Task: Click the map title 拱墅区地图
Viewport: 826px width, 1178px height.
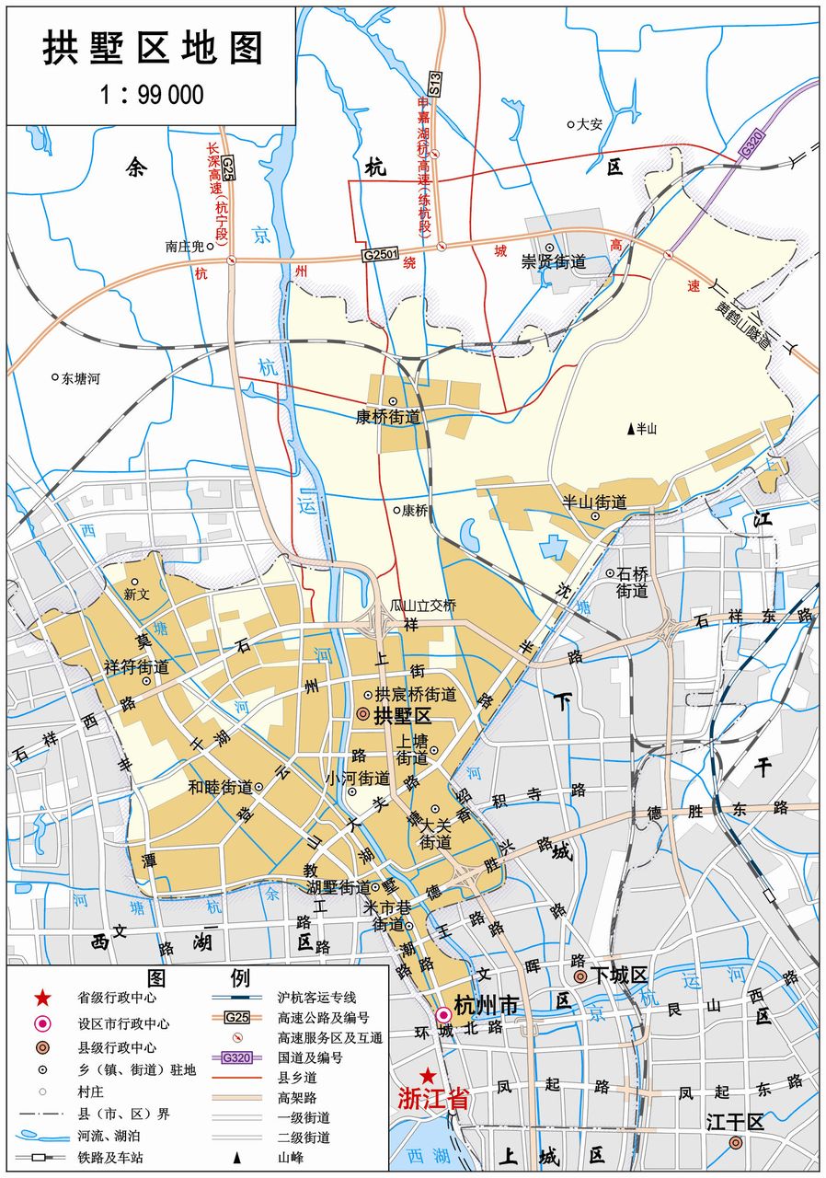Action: click(x=153, y=48)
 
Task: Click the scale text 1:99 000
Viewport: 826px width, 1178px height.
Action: click(x=152, y=94)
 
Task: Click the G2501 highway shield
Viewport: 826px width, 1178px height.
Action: click(x=381, y=254)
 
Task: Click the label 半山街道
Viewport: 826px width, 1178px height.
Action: click(x=595, y=502)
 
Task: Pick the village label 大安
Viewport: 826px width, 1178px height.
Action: click(x=589, y=123)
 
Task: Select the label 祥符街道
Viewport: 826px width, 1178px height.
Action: click(x=136, y=666)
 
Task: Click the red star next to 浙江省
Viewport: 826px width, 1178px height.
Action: click(x=427, y=1076)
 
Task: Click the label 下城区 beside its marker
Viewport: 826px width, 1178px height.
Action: click(x=621, y=976)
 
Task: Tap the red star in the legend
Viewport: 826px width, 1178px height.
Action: click(x=41, y=998)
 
